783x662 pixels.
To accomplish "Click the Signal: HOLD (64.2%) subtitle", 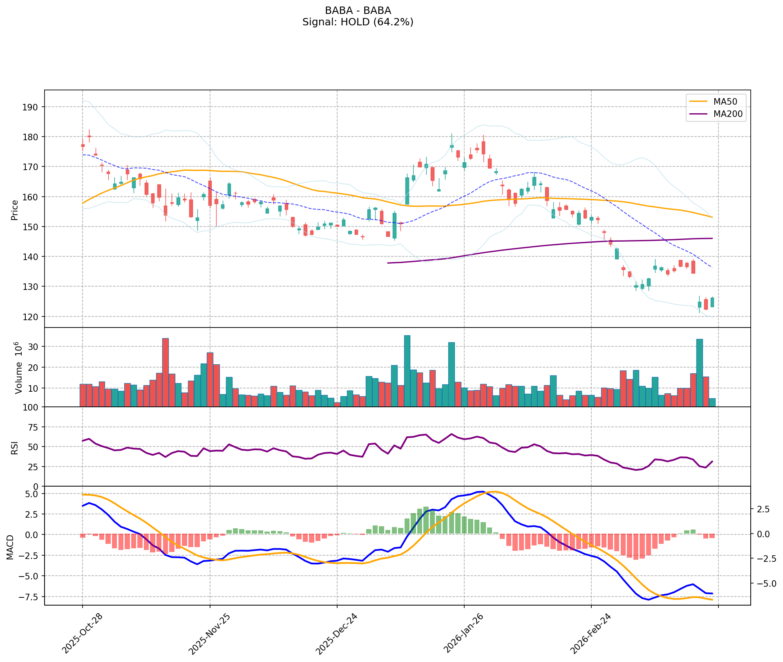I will tap(358, 22).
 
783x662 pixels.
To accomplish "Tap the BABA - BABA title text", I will tap(358, 10).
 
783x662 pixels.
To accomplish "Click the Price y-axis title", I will tap(15, 210).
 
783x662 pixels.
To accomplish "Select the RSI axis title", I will tap(15, 447).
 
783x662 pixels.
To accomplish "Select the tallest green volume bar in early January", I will tap(407, 371).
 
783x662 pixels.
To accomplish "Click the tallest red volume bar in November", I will tap(166, 372).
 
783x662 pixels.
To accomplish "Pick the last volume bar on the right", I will tap(712, 402).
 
